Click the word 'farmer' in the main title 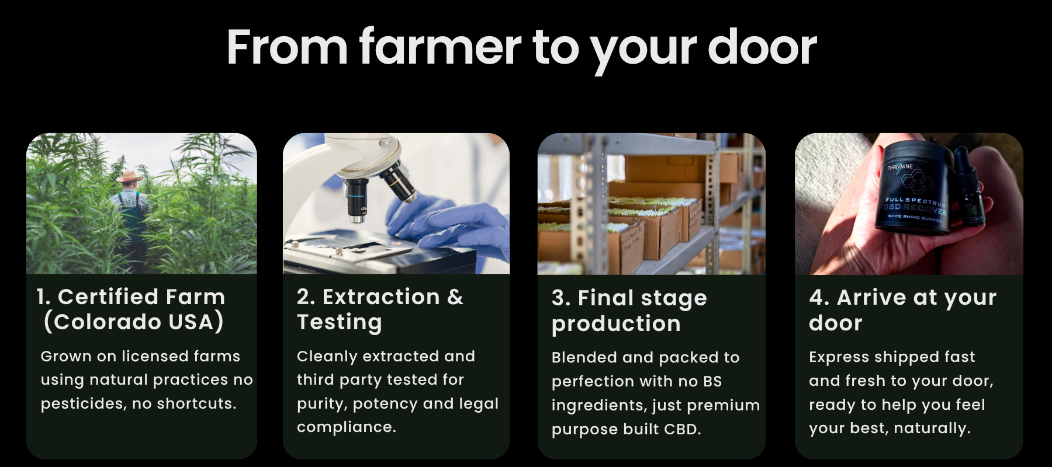click(x=440, y=47)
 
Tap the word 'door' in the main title click(x=762, y=47)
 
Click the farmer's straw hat click(x=129, y=176)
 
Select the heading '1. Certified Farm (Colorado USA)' click(x=131, y=309)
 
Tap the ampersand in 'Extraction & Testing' click(x=455, y=297)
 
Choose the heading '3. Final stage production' click(x=629, y=311)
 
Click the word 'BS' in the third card click(x=712, y=381)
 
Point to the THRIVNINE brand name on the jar click(x=900, y=168)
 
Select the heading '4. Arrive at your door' click(x=903, y=310)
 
